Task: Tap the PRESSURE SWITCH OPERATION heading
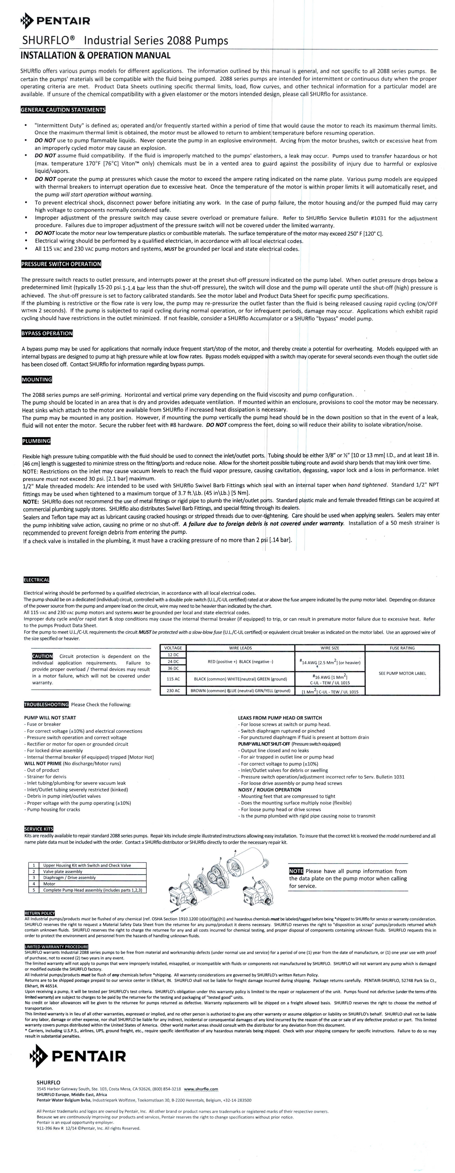pos(61,264)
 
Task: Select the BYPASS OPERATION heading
pos(47,333)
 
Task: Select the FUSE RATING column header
pos(402,648)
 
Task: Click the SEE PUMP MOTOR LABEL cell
pos(402,673)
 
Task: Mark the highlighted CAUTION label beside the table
pos(42,656)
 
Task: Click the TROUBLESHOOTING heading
pos(46,705)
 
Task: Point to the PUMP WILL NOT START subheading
pos(50,718)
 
